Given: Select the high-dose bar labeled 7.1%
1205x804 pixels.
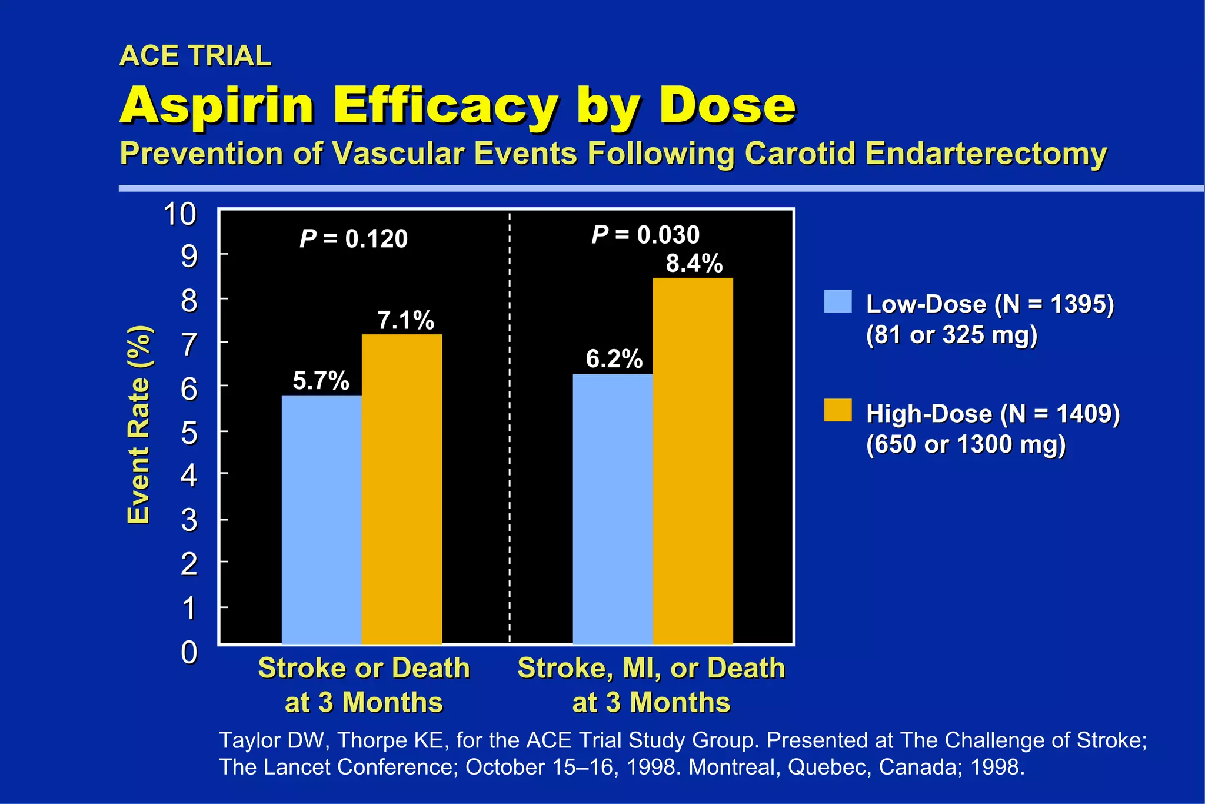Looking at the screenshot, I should click(401, 489).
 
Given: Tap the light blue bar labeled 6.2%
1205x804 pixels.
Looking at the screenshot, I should click(613, 509).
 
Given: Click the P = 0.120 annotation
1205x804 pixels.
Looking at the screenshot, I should click(353, 239).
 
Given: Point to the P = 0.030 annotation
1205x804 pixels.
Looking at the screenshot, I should click(645, 235).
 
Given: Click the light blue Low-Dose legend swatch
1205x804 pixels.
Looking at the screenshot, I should click(837, 301).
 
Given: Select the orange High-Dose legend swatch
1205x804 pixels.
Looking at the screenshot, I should click(837, 410).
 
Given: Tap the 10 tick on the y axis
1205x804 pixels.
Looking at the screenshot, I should click(179, 214).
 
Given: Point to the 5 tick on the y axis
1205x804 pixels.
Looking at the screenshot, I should click(189, 434).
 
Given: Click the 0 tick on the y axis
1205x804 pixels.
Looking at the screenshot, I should click(189, 652).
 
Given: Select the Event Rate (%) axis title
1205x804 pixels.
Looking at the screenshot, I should click(139, 424).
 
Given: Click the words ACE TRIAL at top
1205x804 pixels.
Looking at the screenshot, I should click(195, 56).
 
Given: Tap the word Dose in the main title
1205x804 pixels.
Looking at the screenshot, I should click(727, 106).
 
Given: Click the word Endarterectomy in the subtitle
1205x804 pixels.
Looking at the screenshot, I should click(986, 154).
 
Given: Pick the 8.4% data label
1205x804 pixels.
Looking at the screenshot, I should click(694, 263).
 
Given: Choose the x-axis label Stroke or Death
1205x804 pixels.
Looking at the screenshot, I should click(364, 669).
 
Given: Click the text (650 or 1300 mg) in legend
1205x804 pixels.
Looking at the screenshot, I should click(966, 444).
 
